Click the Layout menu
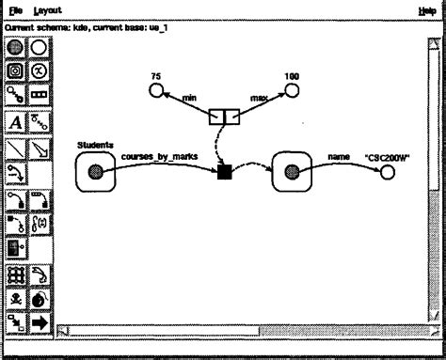[47, 9]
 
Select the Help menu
[426, 9]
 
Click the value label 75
[156, 73]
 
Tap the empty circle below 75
[157, 90]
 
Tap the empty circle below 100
[291, 90]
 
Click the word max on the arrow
[259, 98]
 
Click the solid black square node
[224, 171]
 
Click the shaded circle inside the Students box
[95, 171]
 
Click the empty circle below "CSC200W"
[388, 173]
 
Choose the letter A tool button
[16, 121]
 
